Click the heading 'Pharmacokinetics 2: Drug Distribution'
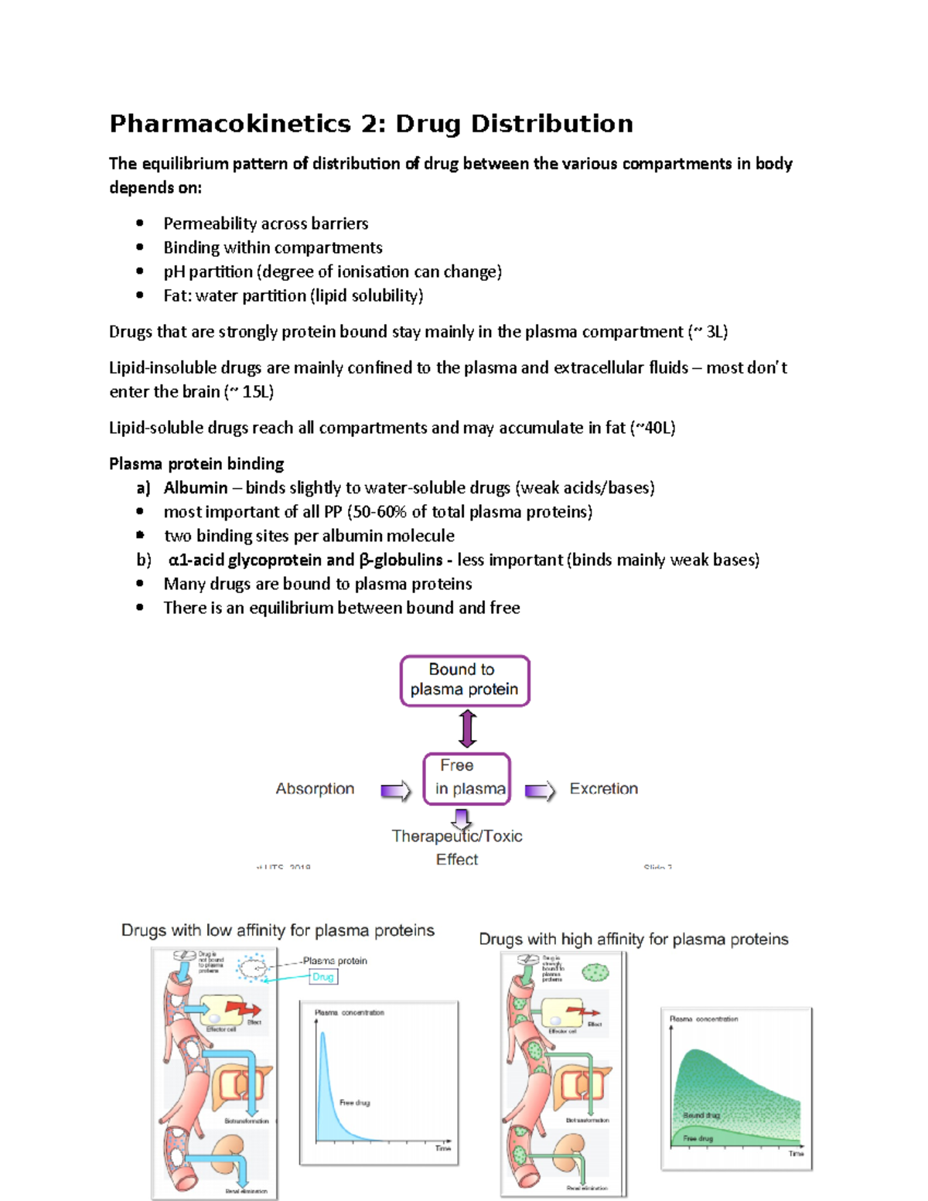tap(371, 124)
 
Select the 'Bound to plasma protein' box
tap(464, 680)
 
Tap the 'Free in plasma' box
tap(467, 778)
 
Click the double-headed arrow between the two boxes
tap(467, 728)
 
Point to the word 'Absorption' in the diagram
tap(315, 789)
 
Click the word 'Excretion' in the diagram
tap(603, 789)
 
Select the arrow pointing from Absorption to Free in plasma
tap(395, 790)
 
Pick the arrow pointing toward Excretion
tap(540, 790)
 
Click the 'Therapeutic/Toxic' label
tap(457, 837)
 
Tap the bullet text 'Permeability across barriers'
tap(265, 223)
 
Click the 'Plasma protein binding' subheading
tap(196, 464)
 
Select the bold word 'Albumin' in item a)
tap(196, 488)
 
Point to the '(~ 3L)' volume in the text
tap(708, 333)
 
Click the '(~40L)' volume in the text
tap(653, 428)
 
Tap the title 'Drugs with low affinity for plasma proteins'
tap(278, 930)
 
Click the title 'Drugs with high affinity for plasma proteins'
tap(633, 939)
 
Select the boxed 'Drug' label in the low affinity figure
tap(323, 978)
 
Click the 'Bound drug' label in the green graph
tap(701, 1115)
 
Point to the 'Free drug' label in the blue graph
tap(355, 1103)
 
